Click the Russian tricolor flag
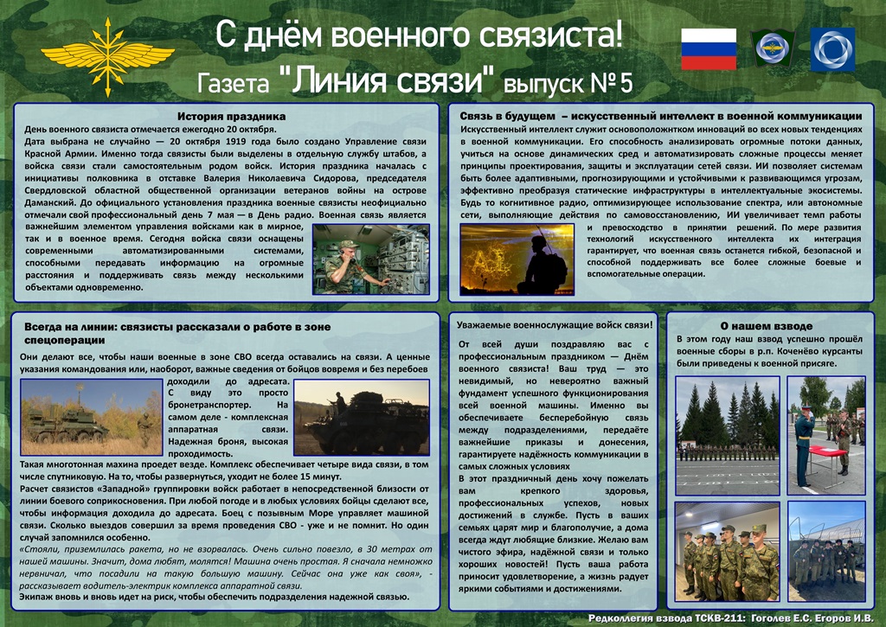[709, 49]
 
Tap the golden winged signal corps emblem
[107, 56]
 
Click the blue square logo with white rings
[832, 49]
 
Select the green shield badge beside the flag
[773, 48]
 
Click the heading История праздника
[232, 117]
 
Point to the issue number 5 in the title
[626, 83]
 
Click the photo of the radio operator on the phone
[370, 259]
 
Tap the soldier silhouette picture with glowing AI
[517, 259]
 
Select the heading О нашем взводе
[767, 326]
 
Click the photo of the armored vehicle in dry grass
[92, 417]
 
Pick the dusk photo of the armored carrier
[362, 417]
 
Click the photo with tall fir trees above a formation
[728, 436]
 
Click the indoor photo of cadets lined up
[727, 551]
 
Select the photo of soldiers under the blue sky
[826, 551]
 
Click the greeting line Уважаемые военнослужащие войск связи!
[555, 325]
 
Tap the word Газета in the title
[234, 84]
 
